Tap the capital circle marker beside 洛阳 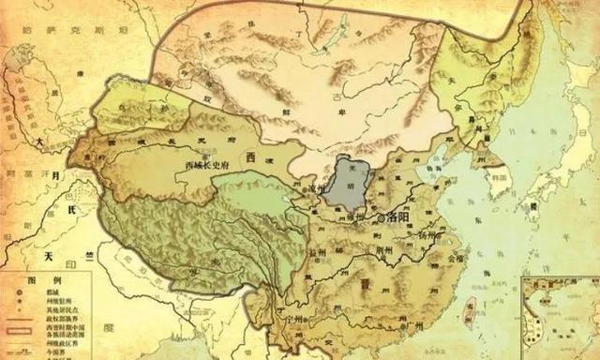380,217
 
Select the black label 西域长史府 209,165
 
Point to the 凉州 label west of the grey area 313,187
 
